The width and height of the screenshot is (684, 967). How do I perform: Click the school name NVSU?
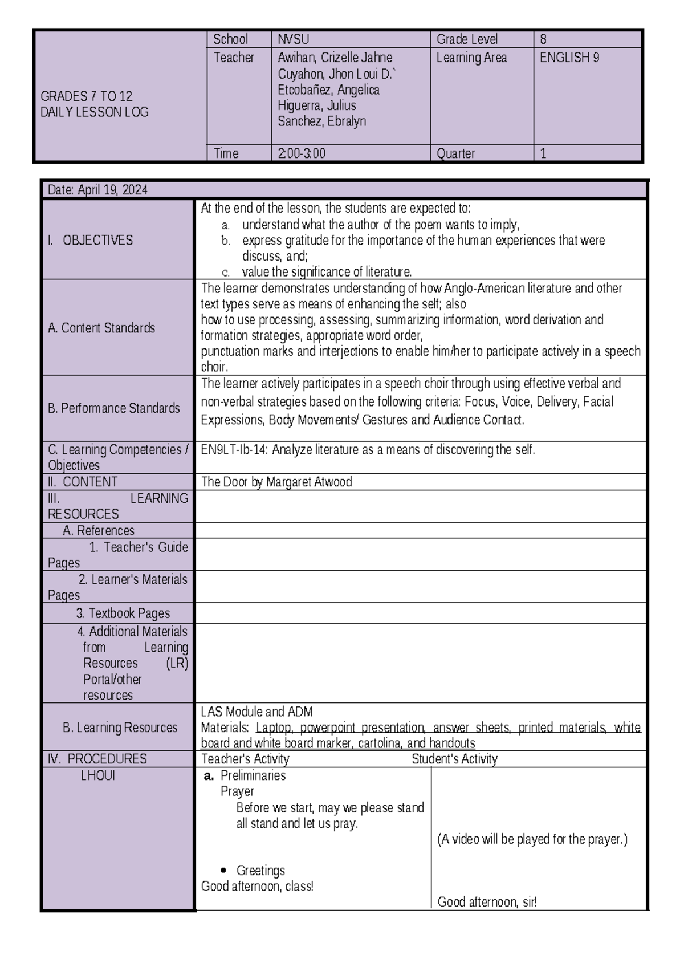coord(293,39)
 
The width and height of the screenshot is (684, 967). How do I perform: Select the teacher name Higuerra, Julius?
coord(316,105)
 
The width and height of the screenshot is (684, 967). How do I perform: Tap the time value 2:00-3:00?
coord(302,153)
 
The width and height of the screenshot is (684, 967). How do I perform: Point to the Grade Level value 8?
coord(543,39)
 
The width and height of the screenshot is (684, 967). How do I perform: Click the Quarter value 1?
coord(543,153)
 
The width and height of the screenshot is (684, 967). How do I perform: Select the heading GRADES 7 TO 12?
coord(86,96)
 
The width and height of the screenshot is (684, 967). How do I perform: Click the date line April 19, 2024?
coord(97,190)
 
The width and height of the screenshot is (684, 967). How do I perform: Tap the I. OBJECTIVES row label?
coord(90,240)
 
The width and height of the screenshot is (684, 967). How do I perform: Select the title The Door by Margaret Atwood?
coord(276,482)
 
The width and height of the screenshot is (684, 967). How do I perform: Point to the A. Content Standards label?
coord(101,328)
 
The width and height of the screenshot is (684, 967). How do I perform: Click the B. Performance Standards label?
coord(113,408)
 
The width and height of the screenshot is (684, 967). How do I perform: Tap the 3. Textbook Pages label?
coord(123,613)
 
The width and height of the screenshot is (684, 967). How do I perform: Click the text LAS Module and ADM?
coord(256,712)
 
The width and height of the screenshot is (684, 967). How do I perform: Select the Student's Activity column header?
coord(454,759)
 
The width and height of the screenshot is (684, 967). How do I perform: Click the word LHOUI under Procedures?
coord(97,775)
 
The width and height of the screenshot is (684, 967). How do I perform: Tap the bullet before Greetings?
coord(223,871)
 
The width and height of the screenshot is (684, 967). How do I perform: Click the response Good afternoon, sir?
coord(487,902)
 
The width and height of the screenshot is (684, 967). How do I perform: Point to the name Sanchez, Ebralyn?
coord(321,121)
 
